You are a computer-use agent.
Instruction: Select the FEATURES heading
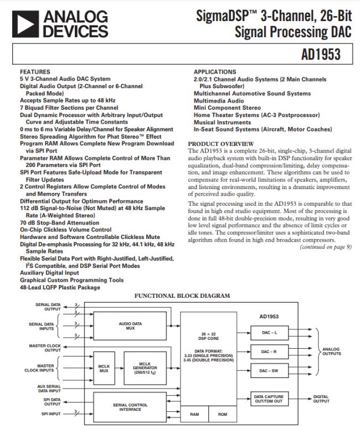pos(34,72)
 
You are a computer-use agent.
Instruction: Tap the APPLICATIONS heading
pos(214,72)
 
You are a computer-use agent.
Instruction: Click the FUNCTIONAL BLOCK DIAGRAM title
pos(182,296)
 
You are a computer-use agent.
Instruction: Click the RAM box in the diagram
pos(194,414)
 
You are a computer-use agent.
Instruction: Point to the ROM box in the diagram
pos(222,414)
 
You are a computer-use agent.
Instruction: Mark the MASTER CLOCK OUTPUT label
pos(45,348)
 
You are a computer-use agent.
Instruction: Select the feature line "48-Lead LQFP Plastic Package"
pos(60,288)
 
